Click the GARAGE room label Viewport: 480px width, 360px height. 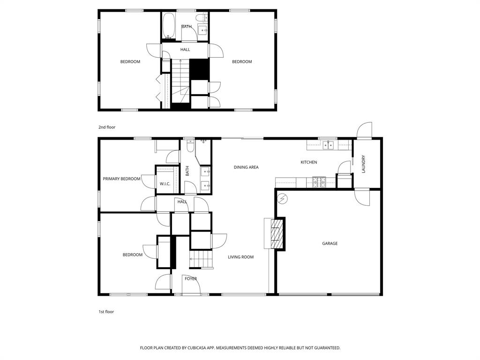(330, 243)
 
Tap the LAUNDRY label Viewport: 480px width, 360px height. (363, 165)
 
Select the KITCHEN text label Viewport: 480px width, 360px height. (309, 162)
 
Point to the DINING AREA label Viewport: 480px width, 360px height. (246, 167)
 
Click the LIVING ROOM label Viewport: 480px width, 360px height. (240, 257)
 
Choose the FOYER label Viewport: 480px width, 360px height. (191, 279)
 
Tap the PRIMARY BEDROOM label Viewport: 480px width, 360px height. (121, 179)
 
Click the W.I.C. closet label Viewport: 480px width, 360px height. (165, 184)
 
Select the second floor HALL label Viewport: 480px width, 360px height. (185, 49)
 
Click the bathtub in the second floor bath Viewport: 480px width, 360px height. (168, 26)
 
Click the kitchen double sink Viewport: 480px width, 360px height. (328, 145)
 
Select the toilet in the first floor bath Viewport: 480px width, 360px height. (190, 146)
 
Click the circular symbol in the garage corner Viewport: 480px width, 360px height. (283, 199)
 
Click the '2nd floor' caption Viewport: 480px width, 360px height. (106, 127)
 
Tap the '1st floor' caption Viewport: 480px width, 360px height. (106, 312)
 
